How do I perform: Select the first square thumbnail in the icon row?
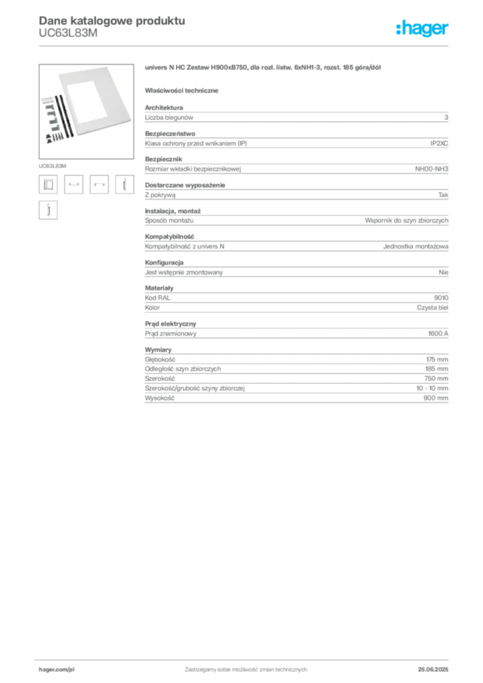pyautogui.click(x=48, y=184)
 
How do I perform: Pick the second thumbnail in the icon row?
pyautogui.click(x=74, y=184)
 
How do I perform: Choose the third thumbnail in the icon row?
pyautogui.click(x=99, y=184)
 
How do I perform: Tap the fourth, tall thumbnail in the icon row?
pyautogui.click(x=122, y=184)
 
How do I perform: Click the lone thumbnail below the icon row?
pyautogui.click(x=47, y=211)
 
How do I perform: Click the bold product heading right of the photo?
pyautogui.click(x=264, y=69)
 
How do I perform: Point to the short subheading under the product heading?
pyautogui.click(x=184, y=90)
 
